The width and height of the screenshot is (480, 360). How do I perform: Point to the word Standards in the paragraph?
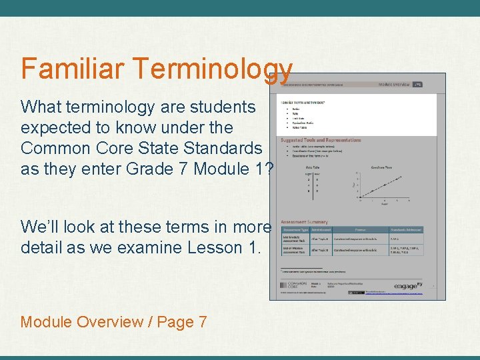click(226, 148)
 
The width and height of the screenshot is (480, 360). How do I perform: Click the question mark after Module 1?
click(269, 169)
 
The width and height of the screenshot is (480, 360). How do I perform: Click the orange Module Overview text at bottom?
click(82, 322)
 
